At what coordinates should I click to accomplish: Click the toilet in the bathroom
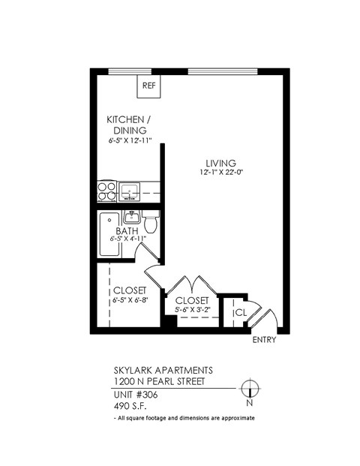pyautogui.click(x=151, y=223)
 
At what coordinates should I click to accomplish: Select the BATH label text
pyautogui.click(x=126, y=231)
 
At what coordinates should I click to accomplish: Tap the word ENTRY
pyautogui.click(x=265, y=340)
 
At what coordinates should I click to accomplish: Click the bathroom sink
pyautogui.click(x=133, y=217)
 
